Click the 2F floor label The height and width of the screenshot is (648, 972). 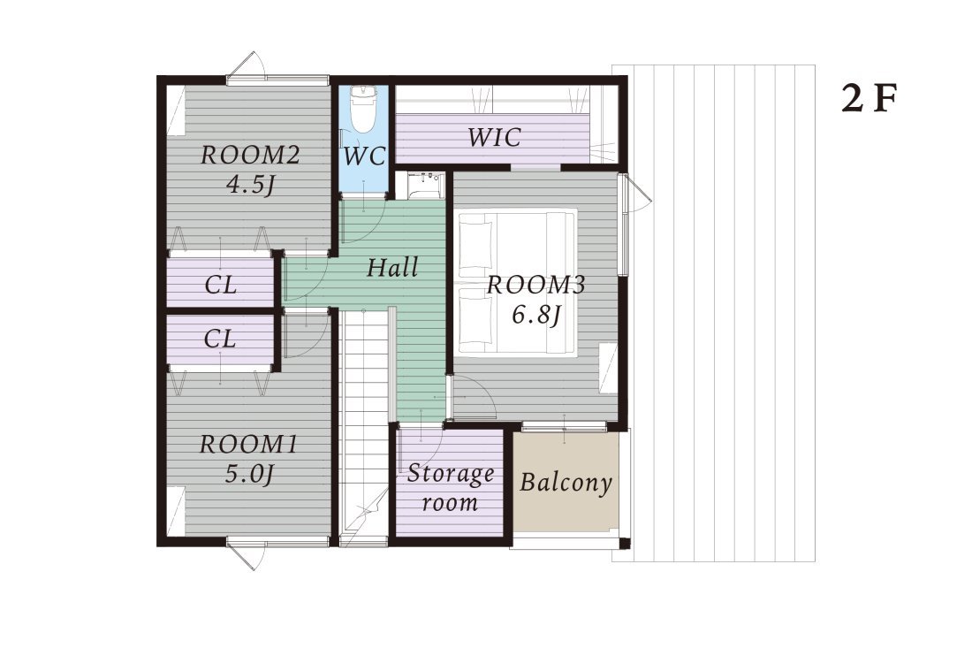[869, 98]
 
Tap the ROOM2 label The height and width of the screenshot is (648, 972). [250, 155]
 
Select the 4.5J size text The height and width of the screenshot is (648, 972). [250, 185]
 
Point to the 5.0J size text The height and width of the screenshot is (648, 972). [249, 475]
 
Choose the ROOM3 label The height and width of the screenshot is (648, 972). [536, 285]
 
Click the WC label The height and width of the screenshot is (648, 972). [364, 156]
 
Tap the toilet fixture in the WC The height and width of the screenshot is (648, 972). [361, 109]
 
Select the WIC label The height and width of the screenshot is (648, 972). [494, 137]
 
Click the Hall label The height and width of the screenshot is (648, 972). [392, 267]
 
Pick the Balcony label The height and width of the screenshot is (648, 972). [566, 482]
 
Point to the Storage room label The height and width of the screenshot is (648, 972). [451, 488]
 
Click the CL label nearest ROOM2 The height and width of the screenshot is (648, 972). [221, 286]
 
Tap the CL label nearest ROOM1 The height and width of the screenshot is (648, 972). [221, 339]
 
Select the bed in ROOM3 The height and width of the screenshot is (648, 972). [517, 282]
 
